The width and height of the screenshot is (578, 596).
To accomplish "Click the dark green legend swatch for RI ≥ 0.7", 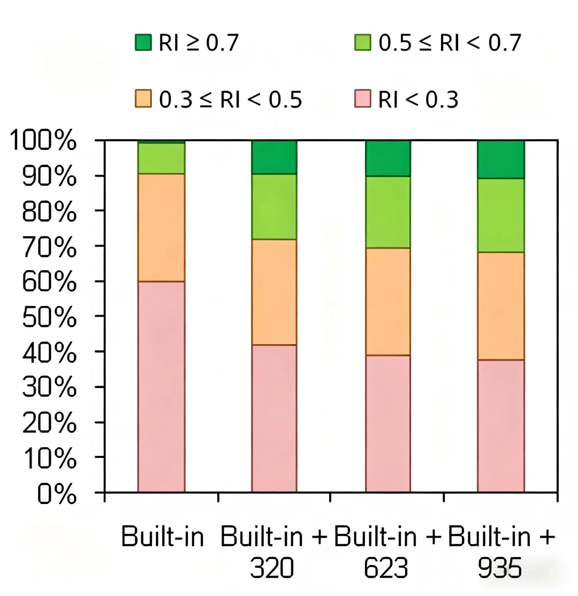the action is tap(143, 42).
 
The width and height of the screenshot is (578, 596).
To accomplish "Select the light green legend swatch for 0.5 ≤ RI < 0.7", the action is tap(362, 42).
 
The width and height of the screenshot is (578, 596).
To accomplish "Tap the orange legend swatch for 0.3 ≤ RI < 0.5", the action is tap(143, 98).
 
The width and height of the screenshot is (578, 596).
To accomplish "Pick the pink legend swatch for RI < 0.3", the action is tap(362, 98).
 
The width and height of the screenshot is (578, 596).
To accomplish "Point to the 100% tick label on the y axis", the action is tap(43, 140).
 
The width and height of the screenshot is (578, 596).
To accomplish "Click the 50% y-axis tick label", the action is tap(49, 317).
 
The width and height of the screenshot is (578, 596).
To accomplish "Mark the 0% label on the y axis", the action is tap(57, 494).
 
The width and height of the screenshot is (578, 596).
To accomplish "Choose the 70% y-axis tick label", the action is tap(49, 246).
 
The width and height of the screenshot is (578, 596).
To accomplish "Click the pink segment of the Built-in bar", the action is tap(161, 387).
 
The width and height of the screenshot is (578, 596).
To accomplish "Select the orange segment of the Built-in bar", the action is tap(161, 228).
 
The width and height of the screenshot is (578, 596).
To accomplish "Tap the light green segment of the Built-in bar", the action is tap(161, 158).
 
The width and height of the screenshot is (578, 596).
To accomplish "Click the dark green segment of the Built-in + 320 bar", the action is tap(274, 157).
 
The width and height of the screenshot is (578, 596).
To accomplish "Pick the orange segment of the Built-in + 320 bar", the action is tap(274, 292).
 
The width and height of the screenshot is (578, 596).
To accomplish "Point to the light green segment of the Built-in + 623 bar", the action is tap(388, 212).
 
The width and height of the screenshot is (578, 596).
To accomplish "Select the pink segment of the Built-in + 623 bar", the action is tap(388, 423).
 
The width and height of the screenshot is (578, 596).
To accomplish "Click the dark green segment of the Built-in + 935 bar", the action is tap(501, 159).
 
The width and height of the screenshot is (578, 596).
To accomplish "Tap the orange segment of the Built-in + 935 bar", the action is tap(501, 306).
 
